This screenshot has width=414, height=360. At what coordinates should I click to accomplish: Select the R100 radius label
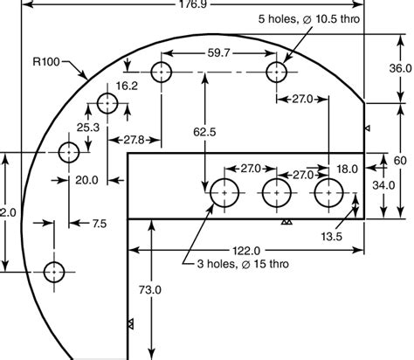coord(46,62)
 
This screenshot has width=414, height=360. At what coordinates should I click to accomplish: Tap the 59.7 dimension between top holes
coord(219,53)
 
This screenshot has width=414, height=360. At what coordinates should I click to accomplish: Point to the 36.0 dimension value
coord(399,68)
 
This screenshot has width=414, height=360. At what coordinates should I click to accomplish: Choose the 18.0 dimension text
coord(347,169)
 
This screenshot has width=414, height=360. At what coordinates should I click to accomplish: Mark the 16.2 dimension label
coord(128,86)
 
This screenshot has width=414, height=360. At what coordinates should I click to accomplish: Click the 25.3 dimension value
coord(88,128)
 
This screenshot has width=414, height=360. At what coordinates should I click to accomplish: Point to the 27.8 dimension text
coord(134,140)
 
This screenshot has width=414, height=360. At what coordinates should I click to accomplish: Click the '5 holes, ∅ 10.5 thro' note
coord(308,17)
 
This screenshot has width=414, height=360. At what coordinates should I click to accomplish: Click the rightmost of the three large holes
coord(328,192)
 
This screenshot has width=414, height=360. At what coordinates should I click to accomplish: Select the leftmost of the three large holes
coord(224,192)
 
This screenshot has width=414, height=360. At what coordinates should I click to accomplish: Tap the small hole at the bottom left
coord(54,271)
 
